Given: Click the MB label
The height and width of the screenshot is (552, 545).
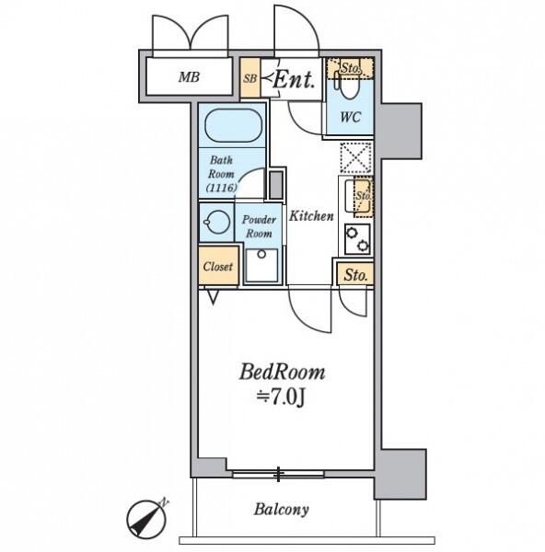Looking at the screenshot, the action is click(189, 76).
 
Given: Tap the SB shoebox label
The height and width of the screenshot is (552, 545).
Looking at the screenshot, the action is click(249, 78).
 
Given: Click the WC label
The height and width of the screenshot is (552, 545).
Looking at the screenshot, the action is click(350, 117).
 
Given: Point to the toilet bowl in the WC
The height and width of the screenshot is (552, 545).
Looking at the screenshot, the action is click(349, 87).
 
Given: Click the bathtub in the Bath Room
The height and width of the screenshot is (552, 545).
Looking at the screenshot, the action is click(233, 125).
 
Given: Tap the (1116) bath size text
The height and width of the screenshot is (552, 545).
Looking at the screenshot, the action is click(221, 188).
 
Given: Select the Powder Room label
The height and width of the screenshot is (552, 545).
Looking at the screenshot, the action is click(259, 226).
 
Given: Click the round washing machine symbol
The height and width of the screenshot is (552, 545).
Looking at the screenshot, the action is click(216, 222).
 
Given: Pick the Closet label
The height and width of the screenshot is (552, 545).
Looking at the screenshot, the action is click(218, 267).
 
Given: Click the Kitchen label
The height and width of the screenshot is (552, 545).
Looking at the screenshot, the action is click(311, 216).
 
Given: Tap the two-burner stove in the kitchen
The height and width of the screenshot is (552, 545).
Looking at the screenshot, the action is click(357, 239).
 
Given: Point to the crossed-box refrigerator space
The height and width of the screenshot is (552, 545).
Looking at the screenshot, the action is click(356, 158).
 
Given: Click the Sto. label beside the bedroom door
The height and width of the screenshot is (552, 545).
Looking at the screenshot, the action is click(355, 274).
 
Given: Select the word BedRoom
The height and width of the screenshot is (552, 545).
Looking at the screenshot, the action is click(282, 372).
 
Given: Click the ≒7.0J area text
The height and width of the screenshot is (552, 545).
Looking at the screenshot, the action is click(280, 398).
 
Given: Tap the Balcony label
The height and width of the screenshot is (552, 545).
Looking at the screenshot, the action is click(281, 509).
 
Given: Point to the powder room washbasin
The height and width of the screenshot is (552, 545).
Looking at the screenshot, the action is click(261, 265).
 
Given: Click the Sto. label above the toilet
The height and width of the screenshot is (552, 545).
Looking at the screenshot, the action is click(351, 68).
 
